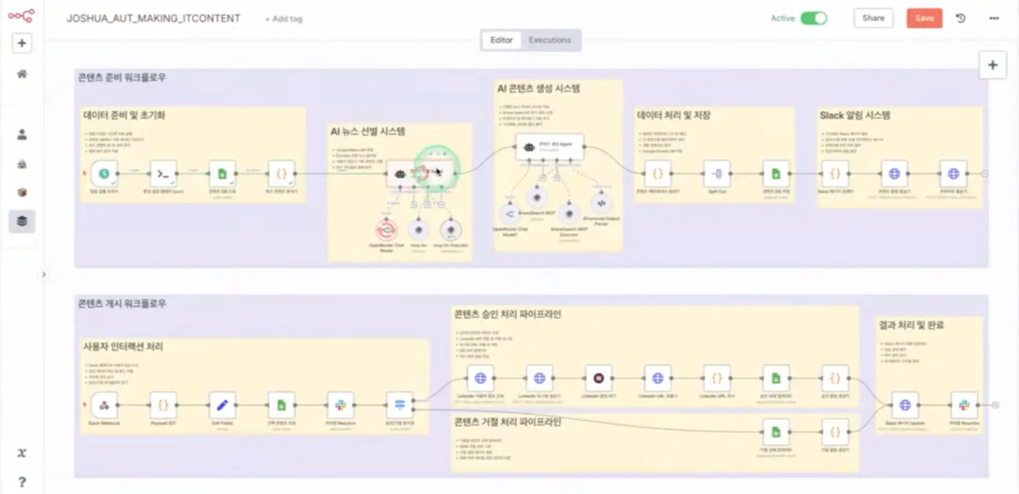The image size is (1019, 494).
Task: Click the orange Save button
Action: (924, 18)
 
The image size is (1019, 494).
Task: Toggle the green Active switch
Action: (814, 18)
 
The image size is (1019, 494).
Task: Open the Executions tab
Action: (549, 40)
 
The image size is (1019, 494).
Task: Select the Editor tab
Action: (501, 40)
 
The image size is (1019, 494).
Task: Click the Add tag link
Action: (284, 19)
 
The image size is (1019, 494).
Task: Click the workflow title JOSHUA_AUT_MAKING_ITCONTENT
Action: (153, 18)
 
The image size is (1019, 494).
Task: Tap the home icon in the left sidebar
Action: (22, 74)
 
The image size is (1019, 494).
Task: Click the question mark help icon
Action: (22, 482)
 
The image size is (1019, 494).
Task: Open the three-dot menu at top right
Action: (994, 18)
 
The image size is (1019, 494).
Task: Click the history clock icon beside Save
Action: (961, 18)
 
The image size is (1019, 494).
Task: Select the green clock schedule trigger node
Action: (104, 174)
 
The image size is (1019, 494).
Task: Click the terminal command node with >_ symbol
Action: (163, 174)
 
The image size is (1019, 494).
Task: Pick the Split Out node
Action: (717, 174)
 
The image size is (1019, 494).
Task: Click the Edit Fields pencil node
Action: (222, 405)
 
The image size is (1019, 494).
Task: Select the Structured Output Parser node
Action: (601, 203)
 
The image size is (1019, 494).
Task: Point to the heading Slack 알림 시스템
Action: (854, 115)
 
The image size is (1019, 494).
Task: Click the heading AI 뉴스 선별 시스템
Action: (367, 132)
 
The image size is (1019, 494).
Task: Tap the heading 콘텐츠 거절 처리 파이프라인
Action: (507, 422)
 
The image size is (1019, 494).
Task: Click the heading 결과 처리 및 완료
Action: (911, 325)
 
